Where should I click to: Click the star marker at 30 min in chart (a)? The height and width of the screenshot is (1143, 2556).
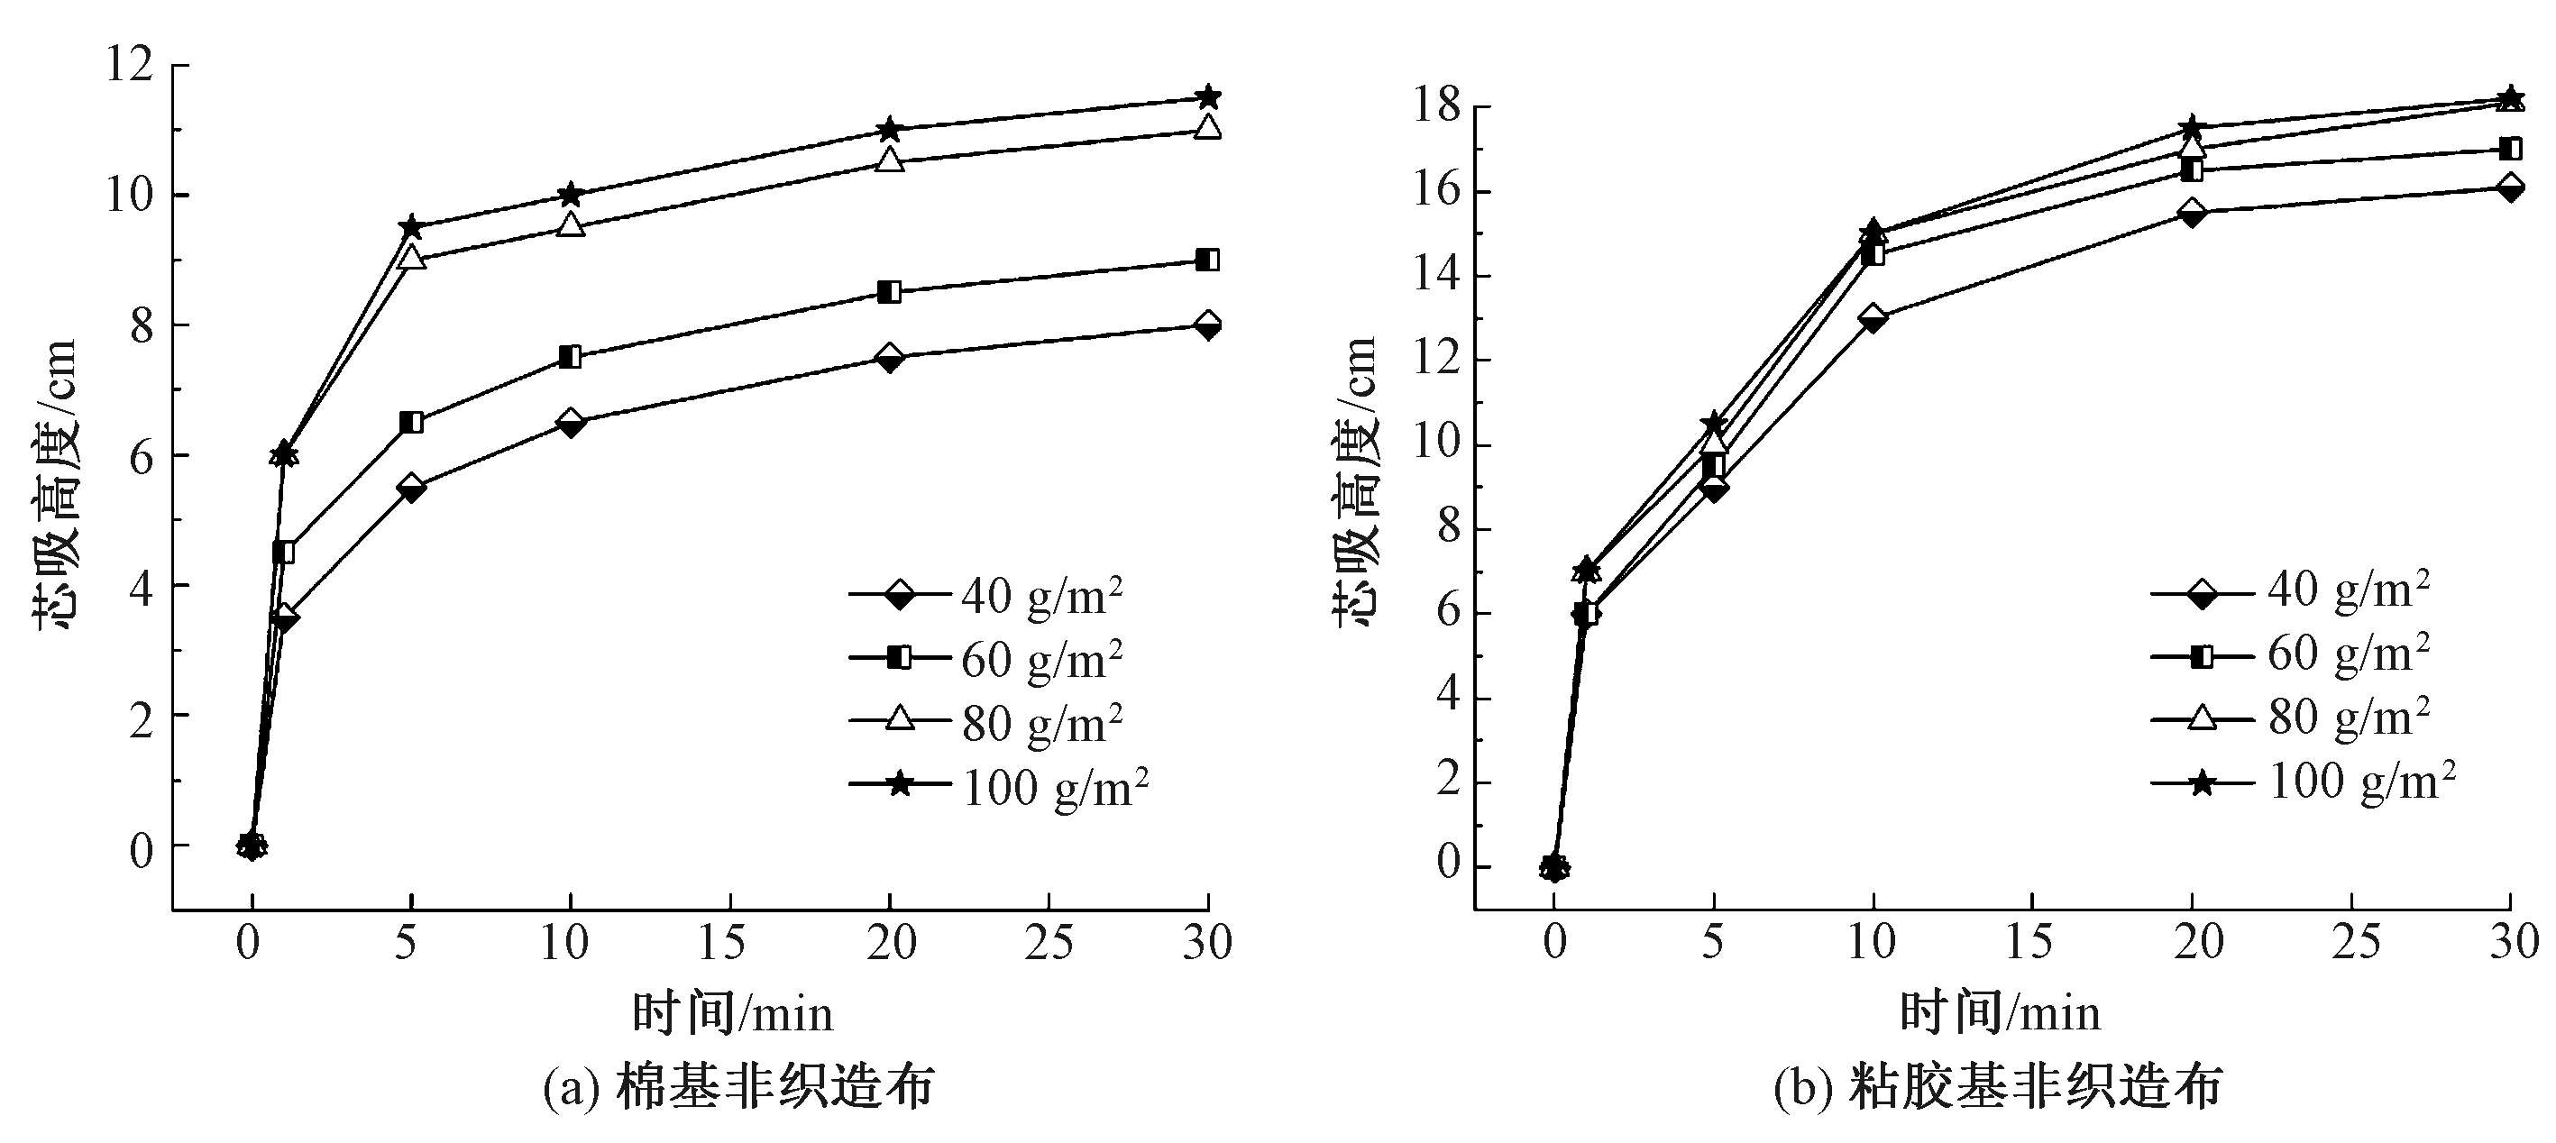[x=1207, y=97]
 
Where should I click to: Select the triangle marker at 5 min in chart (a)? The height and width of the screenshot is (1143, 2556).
[x=411, y=258]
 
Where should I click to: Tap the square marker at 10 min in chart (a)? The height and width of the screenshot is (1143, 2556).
[x=571, y=357]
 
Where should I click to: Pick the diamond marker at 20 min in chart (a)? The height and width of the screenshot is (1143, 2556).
[x=890, y=357]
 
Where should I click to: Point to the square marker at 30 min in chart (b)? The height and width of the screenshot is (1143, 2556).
[x=2510, y=149]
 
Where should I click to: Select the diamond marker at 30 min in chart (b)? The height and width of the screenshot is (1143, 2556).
[x=2510, y=187]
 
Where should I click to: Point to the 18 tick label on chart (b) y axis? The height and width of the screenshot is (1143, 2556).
[x=1434, y=106]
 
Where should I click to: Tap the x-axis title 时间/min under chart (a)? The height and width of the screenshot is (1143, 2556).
[x=732, y=1014]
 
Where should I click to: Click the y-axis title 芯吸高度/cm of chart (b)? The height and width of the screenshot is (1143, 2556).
[x=1354, y=481]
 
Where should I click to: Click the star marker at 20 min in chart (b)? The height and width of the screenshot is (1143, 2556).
[x=2193, y=128]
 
